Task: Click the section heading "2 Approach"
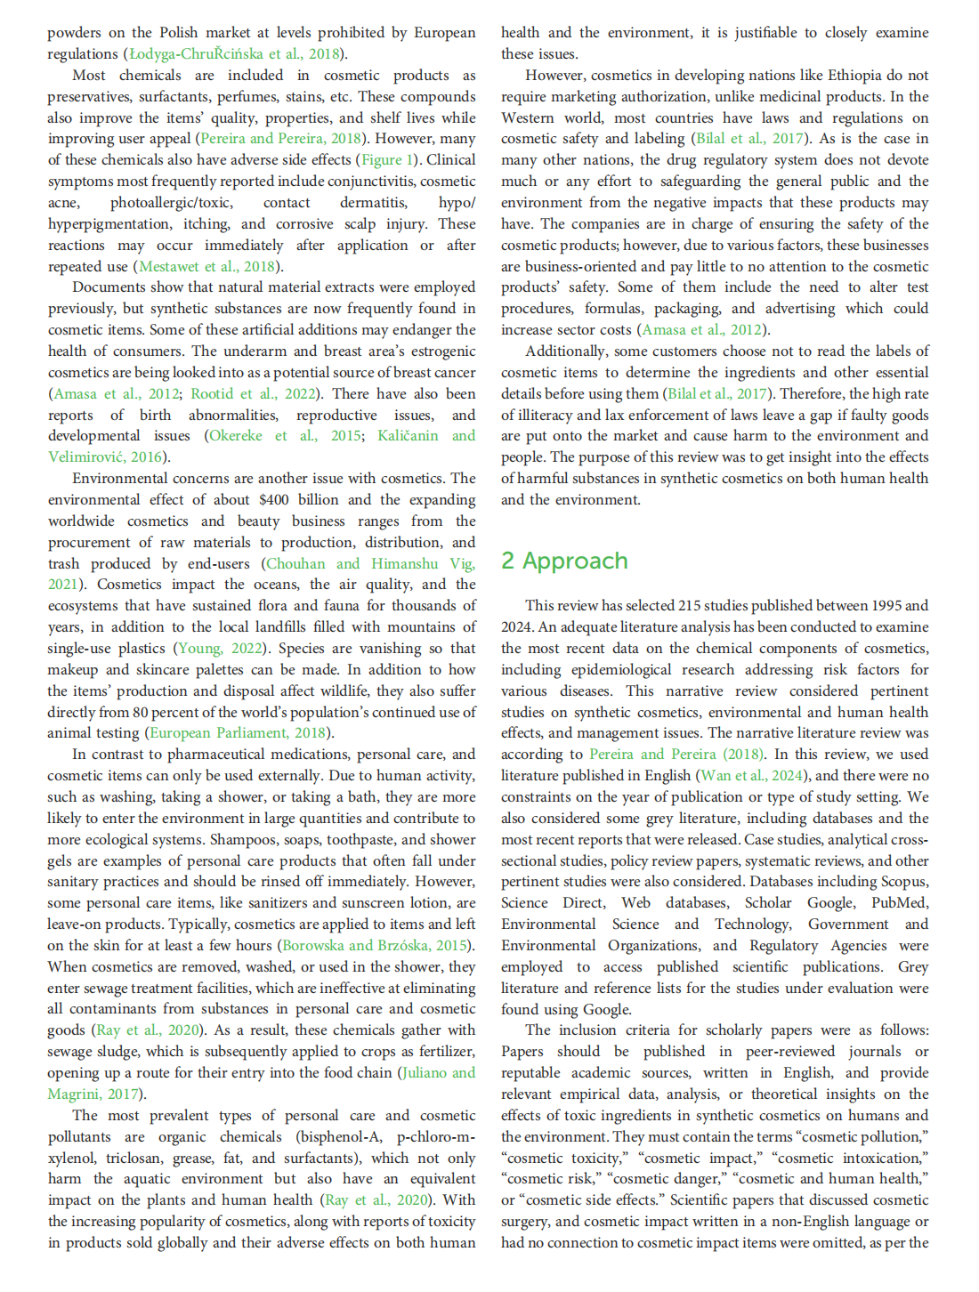564,561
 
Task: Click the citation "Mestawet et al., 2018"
207,266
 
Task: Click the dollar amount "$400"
274,500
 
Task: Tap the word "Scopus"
905,882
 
